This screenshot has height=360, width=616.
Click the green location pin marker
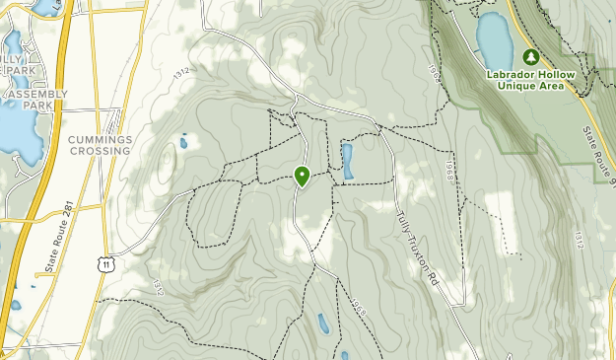pyautogui.click(x=302, y=177)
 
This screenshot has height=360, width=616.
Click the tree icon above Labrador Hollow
pyautogui.click(x=531, y=56)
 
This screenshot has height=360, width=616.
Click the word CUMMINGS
pyautogui.click(x=100, y=140)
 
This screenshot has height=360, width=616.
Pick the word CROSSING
pyautogui.click(x=100, y=151)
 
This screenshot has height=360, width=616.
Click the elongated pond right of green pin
pyautogui.click(x=348, y=161)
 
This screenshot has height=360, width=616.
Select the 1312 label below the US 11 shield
pyautogui.click(x=157, y=286)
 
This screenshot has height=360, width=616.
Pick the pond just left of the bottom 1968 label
pyautogui.click(x=323, y=322)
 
